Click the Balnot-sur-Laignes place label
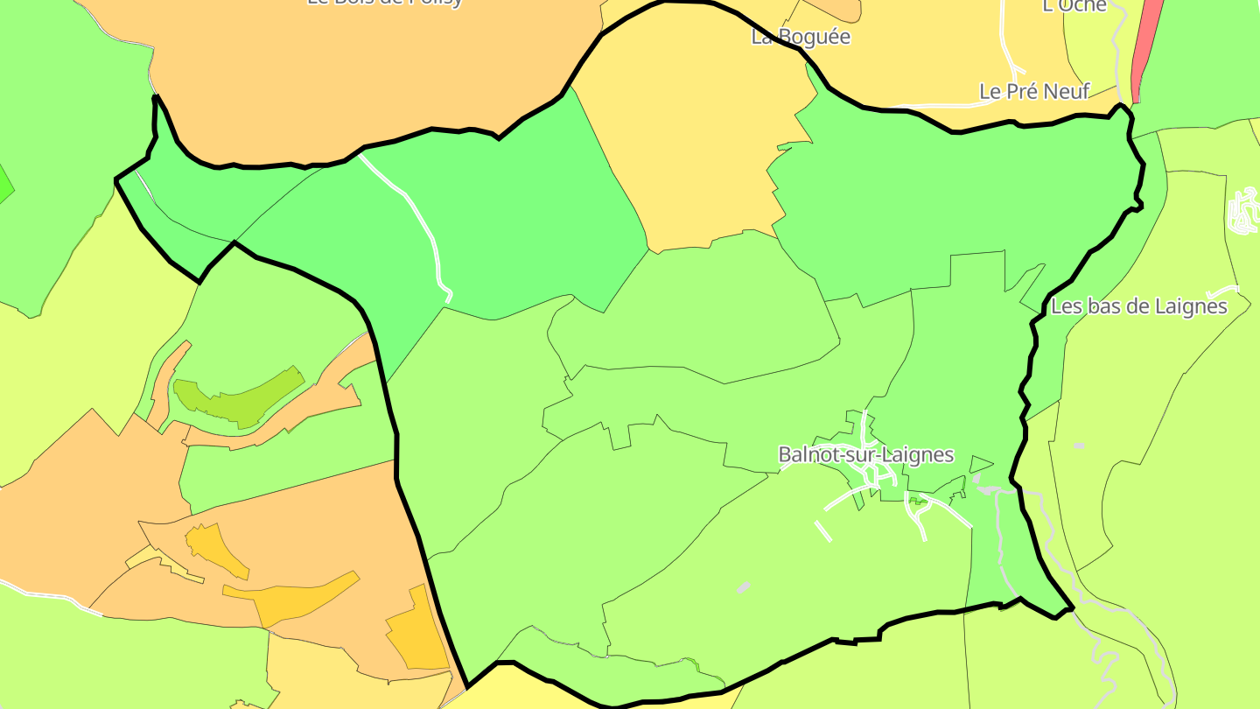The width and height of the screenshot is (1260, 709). [865, 455]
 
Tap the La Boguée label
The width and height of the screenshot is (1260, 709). [801, 37]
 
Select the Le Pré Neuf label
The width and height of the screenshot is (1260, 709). [1034, 91]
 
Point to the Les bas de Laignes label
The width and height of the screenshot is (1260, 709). [1138, 306]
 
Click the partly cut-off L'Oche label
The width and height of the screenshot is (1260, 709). [1074, 6]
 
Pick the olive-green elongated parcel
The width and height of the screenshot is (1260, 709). [236, 398]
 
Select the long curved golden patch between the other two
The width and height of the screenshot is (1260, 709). [293, 597]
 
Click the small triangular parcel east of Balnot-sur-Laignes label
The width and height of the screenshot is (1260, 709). [980, 463]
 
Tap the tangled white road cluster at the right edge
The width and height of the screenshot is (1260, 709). [1242, 212]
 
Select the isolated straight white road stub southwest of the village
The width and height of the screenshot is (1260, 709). [822, 530]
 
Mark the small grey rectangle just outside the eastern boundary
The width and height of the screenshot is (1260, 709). [1079, 446]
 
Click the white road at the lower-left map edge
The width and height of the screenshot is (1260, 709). [52, 598]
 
